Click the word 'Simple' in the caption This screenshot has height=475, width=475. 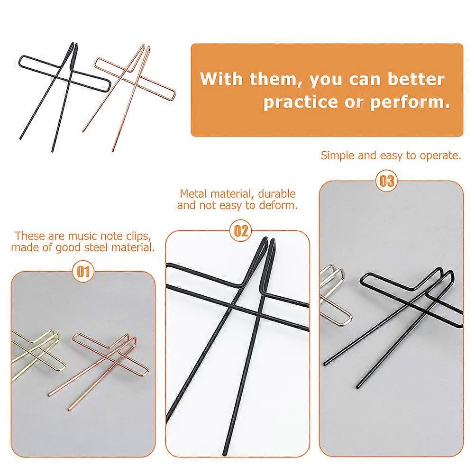(x=338, y=155)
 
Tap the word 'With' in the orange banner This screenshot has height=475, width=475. (x=215, y=79)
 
